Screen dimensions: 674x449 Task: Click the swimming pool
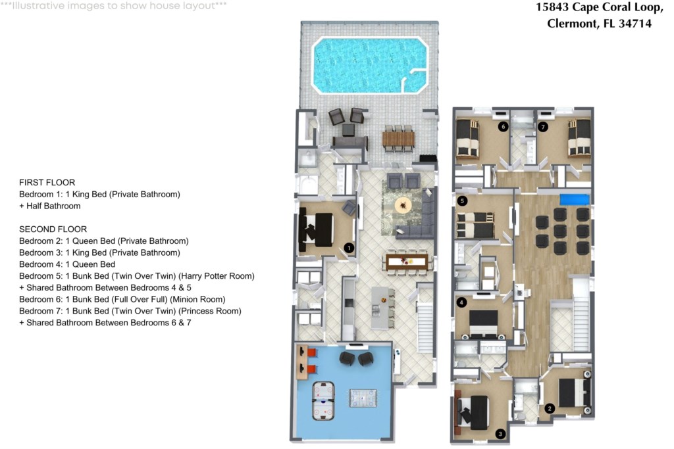370,65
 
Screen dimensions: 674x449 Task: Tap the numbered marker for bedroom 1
349,248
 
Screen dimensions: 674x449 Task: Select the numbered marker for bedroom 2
550,409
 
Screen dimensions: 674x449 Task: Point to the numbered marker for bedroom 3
500,434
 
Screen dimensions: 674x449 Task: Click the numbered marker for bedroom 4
461,302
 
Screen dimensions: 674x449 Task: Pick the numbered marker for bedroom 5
463,201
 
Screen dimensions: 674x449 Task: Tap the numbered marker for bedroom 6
503,127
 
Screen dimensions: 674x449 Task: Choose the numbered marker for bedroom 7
543,127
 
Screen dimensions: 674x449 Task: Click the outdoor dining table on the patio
398,139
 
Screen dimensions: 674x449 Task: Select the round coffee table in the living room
403,205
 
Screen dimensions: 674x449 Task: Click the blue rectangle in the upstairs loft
574,200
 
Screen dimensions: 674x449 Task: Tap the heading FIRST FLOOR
47,183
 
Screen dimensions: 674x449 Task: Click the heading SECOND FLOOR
53,229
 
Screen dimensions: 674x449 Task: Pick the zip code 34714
635,23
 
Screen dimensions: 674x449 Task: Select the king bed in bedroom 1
317,229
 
